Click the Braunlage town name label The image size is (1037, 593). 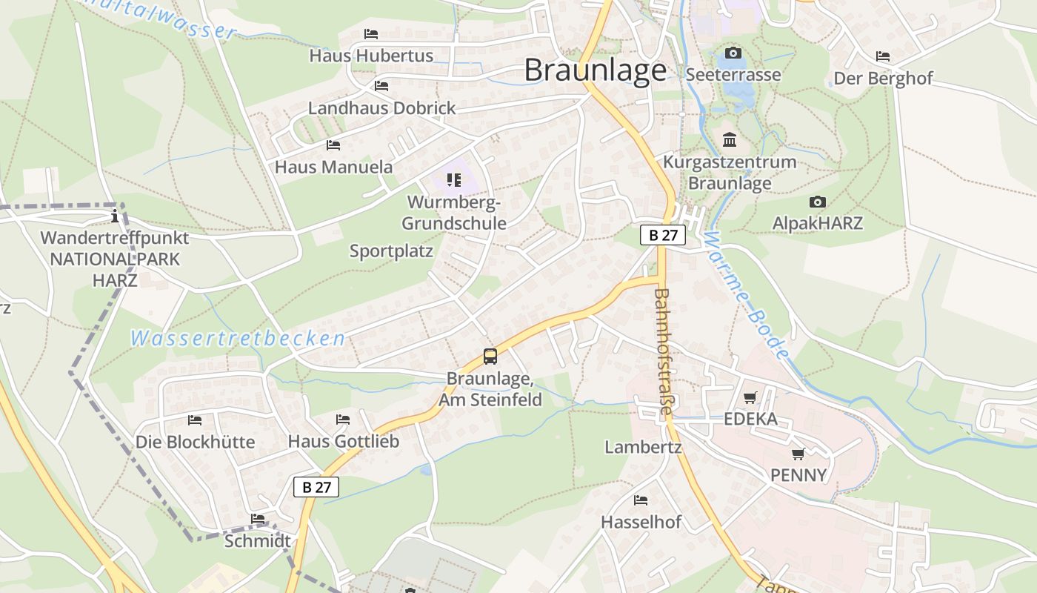[x=596, y=70]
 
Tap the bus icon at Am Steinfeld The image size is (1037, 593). [x=490, y=356]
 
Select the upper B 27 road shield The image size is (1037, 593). [x=663, y=236]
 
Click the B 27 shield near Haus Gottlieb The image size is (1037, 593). [x=316, y=487]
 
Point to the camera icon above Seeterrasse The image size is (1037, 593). [x=733, y=53]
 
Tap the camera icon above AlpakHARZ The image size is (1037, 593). [x=818, y=202]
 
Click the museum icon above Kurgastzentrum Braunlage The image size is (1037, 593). [x=730, y=139]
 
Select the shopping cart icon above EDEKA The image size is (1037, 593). [x=750, y=398]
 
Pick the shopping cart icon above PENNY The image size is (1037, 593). [x=798, y=454]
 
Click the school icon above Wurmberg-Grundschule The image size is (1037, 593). [x=454, y=179]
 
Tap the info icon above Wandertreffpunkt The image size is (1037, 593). [x=115, y=216]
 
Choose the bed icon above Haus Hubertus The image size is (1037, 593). [x=371, y=34]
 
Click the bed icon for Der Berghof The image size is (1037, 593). [x=883, y=56]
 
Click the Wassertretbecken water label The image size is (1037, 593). [x=238, y=339]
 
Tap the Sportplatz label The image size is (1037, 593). [x=391, y=251]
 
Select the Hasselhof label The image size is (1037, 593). [x=641, y=522]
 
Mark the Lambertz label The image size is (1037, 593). [x=643, y=447]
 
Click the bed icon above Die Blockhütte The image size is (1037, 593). [x=195, y=420]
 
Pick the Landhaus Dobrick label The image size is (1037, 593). [x=381, y=108]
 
